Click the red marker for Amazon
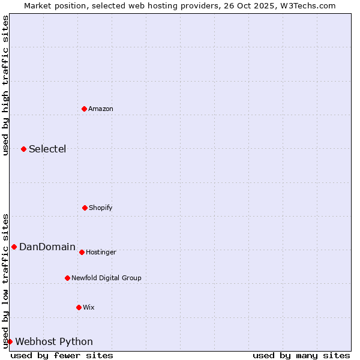(x=84, y=109)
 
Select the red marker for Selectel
(x=23, y=149)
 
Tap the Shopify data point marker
(x=85, y=208)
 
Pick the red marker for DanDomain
(x=14, y=247)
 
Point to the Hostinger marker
(x=82, y=252)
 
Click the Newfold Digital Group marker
(x=67, y=278)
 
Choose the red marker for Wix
(x=79, y=307)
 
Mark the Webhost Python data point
(x=10, y=341)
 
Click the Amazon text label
(x=101, y=109)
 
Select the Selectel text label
(x=47, y=149)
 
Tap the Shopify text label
(x=101, y=208)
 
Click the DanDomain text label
(x=47, y=247)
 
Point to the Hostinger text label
(x=101, y=252)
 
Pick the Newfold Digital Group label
(x=106, y=278)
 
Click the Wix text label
(x=89, y=307)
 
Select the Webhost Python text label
(x=54, y=341)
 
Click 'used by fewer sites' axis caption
(x=62, y=355)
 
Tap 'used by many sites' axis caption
(x=301, y=355)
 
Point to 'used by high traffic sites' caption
(x=5, y=85)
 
